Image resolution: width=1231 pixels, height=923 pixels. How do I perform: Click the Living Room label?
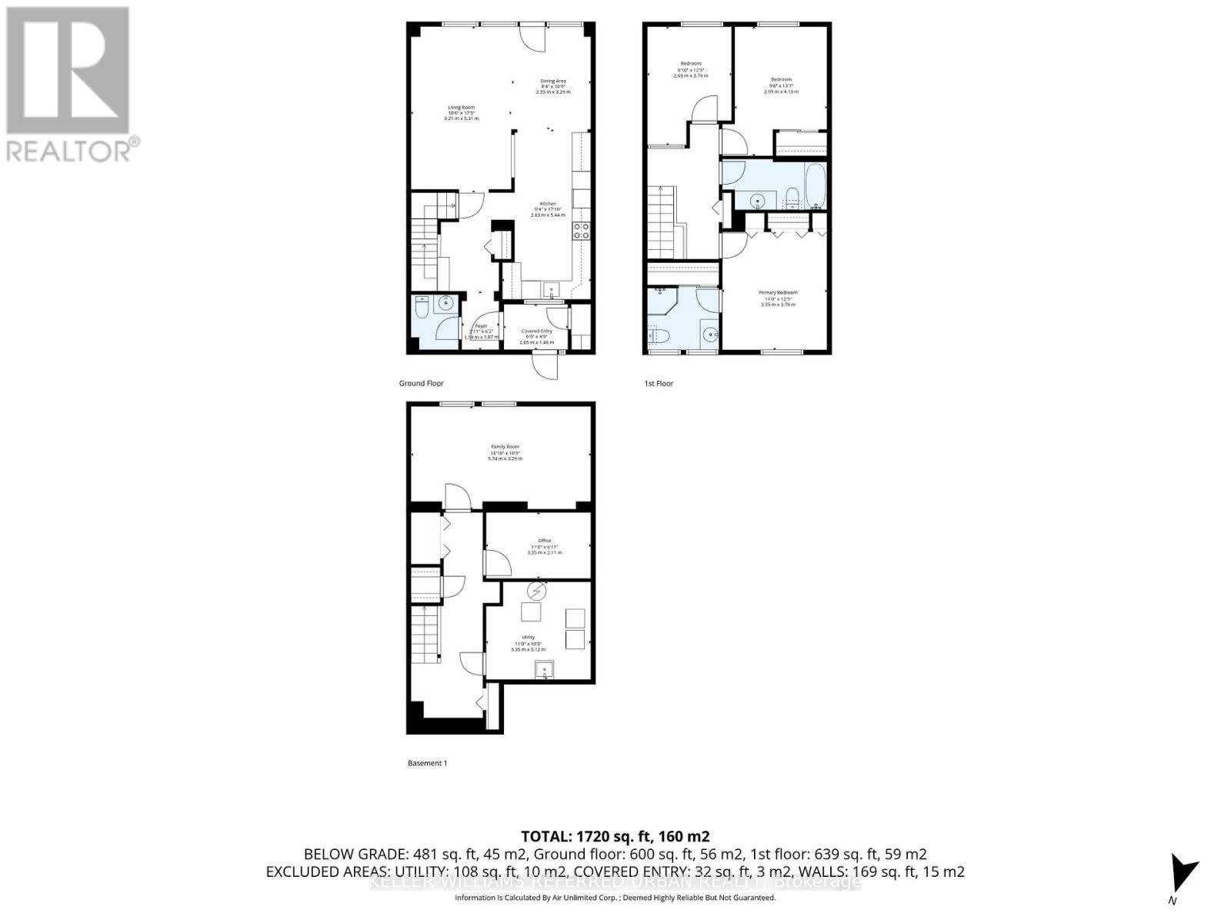click(462, 108)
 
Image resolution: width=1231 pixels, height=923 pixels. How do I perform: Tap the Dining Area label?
click(553, 81)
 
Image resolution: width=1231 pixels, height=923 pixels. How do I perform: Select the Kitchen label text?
click(548, 204)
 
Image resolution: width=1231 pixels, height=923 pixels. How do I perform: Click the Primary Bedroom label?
click(778, 292)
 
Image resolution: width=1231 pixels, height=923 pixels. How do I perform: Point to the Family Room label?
click(505, 447)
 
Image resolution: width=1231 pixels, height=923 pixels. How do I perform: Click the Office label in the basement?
click(545, 541)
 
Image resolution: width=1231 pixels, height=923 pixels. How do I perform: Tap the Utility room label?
click(528, 637)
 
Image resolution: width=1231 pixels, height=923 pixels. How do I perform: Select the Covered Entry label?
click(536, 332)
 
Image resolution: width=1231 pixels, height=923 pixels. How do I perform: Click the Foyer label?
click(482, 326)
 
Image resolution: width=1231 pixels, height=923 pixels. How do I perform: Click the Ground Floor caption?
click(421, 383)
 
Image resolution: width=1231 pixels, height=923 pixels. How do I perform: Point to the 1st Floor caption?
click(659, 383)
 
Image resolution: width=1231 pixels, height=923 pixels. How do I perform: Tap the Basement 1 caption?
click(427, 763)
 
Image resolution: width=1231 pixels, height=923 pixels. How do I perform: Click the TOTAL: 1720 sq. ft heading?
click(615, 836)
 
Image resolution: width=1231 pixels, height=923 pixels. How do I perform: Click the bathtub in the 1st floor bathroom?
click(815, 185)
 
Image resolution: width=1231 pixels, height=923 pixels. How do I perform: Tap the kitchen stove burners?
click(581, 232)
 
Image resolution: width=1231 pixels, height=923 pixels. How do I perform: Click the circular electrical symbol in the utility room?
click(537, 591)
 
